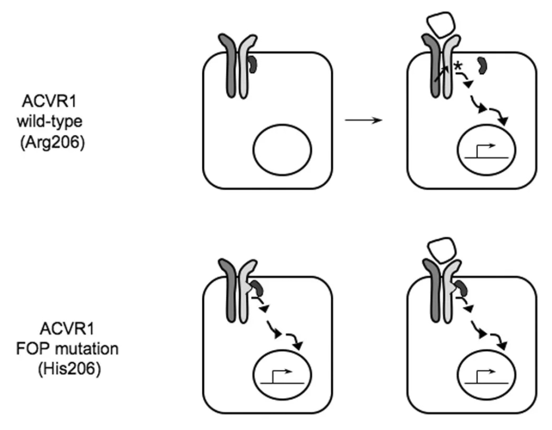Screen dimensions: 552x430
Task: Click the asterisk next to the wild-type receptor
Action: coord(458,66)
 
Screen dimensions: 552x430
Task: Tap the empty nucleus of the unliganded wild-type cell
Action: coord(282,150)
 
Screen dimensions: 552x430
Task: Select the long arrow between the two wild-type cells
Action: coord(363,120)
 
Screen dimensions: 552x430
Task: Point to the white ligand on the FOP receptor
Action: coord(441,249)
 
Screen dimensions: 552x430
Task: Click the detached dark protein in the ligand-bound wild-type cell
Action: coord(482,66)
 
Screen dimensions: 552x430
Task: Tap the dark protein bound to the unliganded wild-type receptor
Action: coord(253,65)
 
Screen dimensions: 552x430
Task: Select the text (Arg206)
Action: coord(52,143)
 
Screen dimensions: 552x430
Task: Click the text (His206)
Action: coord(70,369)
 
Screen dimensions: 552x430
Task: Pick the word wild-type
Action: coord(49,121)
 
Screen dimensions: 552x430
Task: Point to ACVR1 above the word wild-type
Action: coord(49,101)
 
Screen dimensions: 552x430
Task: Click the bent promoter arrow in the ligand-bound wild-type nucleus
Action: coord(486,150)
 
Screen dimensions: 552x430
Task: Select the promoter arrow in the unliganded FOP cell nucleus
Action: coord(282,376)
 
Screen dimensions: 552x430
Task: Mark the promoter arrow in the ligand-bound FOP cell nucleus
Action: coord(486,376)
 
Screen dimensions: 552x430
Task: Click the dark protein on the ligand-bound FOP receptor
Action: coord(462,288)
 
